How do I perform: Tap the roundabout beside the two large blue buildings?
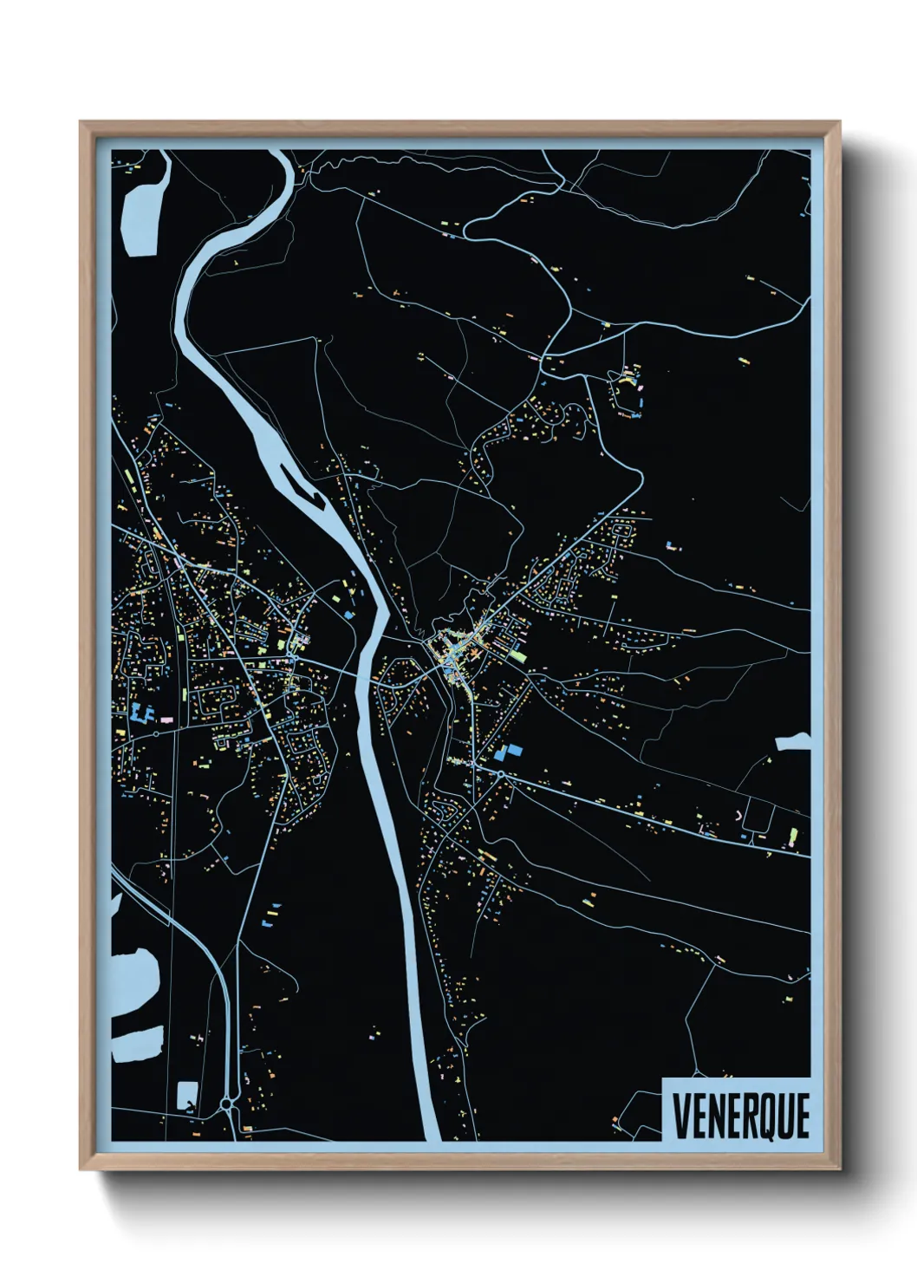click(x=500, y=773)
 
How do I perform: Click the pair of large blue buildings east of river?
click(x=510, y=752)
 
